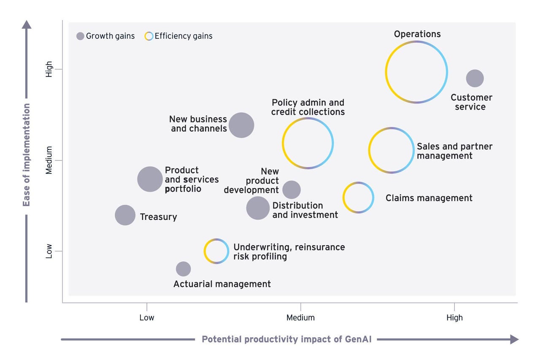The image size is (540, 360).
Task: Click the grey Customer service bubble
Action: click(x=475, y=78)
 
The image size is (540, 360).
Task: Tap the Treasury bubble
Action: click(x=125, y=215)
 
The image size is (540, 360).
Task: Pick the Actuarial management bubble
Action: click(x=183, y=269)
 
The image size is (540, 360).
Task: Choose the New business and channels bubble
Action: click(x=241, y=125)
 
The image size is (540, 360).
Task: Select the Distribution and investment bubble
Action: click(x=258, y=208)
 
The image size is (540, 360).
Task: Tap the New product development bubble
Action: click(x=292, y=189)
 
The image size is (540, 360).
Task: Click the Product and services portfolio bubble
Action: click(x=150, y=179)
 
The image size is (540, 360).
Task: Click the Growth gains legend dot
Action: click(x=80, y=36)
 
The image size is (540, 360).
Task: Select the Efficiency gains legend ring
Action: click(x=149, y=36)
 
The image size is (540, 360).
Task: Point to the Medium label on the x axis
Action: click(x=300, y=318)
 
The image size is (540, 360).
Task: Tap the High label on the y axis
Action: click(x=49, y=69)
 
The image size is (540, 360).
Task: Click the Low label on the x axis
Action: click(x=147, y=318)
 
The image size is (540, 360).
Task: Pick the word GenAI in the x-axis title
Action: click(x=358, y=339)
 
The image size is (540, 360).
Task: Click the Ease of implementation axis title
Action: click(x=26, y=155)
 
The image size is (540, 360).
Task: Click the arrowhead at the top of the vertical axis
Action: click(x=27, y=24)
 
